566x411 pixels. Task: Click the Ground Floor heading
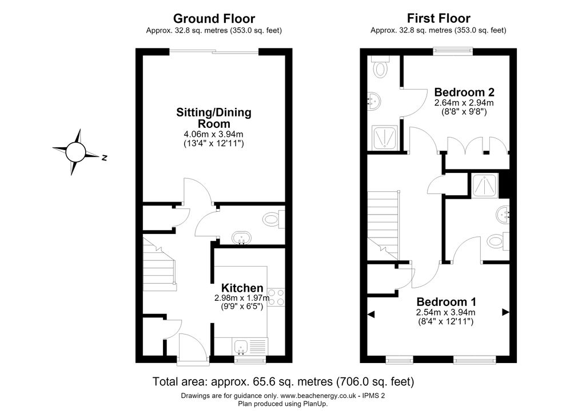coord(214,18)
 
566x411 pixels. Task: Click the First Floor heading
coord(439,18)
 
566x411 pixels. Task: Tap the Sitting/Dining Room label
coord(214,118)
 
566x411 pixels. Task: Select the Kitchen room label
coord(242,288)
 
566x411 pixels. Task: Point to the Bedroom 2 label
coord(464,92)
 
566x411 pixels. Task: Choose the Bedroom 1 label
coord(446,302)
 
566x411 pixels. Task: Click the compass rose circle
coord(76,152)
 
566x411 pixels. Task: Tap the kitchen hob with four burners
coord(276,297)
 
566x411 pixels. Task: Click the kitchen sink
coord(240,347)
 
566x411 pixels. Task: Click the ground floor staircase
coord(159,263)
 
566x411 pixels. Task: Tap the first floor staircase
coord(384,225)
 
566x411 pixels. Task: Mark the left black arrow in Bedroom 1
coord(371,315)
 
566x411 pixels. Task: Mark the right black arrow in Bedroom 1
coord(506,312)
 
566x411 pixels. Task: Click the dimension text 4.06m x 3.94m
coord(214,135)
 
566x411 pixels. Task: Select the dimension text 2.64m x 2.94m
coord(464,103)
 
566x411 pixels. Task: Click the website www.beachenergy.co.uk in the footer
coord(318,396)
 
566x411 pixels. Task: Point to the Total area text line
coord(283,381)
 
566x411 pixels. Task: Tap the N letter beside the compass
coord(104,158)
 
